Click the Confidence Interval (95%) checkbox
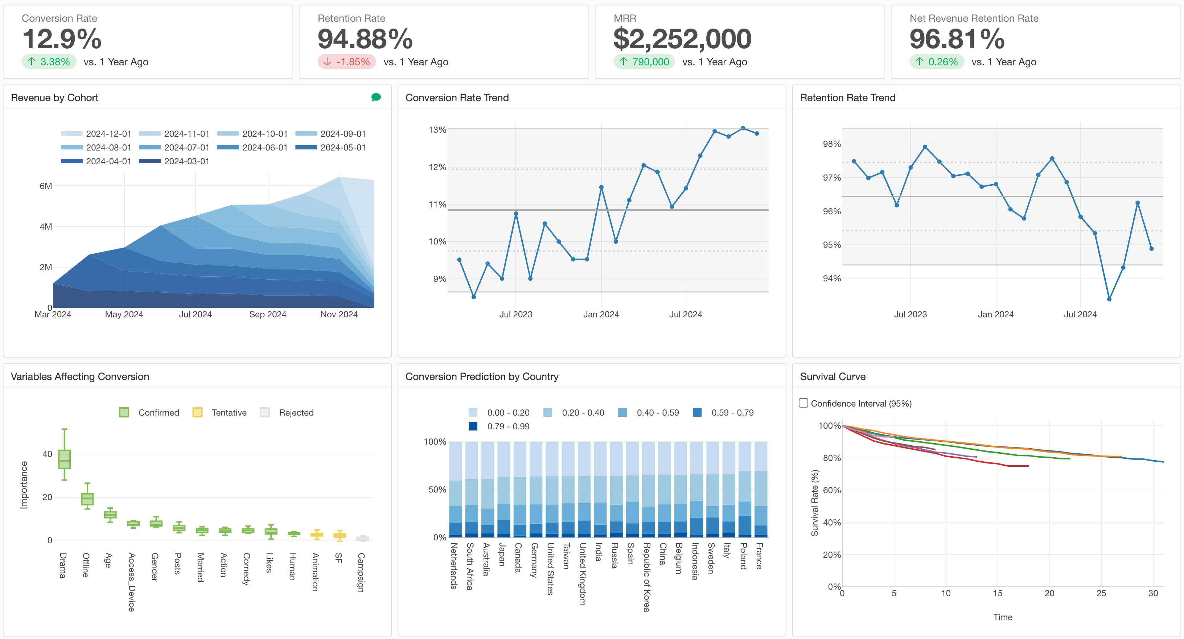[x=803, y=403]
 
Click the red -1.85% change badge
[x=347, y=62]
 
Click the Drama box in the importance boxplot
[x=64, y=459]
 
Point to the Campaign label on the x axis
[x=361, y=572]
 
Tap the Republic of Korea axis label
[x=647, y=577]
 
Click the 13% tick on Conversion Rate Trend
[x=437, y=130]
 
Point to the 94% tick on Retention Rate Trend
[x=831, y=279]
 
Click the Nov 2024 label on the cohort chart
[x=339, y=314]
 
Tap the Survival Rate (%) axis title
[x=814, y=503]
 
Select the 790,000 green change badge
[x=644, y=62]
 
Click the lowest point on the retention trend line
[x=1109, y=299]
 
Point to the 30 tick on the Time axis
[x=1153, y=593]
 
